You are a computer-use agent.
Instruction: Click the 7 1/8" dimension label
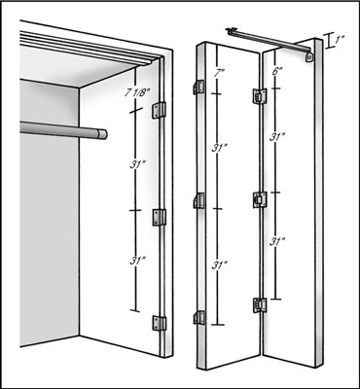click(136, 94)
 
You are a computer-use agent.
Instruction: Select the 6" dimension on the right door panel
click(275, 72)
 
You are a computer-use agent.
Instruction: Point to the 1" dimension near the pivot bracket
click(340, 40)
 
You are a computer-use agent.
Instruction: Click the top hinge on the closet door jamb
click(160, 111)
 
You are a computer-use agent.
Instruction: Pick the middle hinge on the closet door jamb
click(160, 218)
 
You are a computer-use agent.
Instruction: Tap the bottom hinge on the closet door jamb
click(160, 323)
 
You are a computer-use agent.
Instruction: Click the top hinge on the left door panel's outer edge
click(199, 88)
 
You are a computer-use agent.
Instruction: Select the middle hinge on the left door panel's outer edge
click(199, 200)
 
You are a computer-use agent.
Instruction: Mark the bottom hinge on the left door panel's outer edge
click(199, 317)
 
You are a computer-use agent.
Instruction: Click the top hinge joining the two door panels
click(260, 96)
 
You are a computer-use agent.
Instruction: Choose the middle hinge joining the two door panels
click(260, 199)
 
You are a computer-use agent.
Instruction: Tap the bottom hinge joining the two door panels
click(260, 305)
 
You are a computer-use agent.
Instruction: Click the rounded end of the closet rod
click(102, 134)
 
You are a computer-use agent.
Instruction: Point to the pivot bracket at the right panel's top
click(309, 56)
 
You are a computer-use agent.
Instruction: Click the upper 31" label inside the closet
click(136, 164)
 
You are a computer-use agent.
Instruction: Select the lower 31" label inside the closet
click(136, 261)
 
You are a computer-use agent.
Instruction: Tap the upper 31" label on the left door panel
click(218, 148)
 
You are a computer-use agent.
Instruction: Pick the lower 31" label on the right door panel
click(277, 241)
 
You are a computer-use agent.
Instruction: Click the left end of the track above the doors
click(231, 30)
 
